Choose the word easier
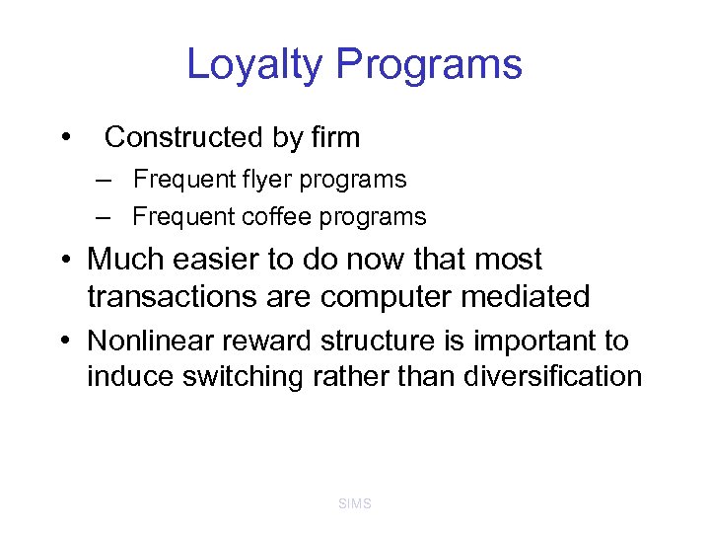point(218,260)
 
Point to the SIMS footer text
point(355,504)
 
